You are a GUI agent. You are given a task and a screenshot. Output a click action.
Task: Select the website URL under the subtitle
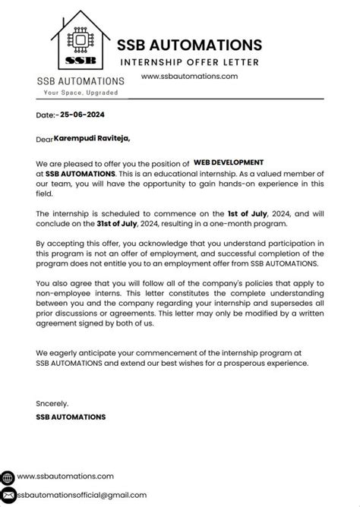point(190,76)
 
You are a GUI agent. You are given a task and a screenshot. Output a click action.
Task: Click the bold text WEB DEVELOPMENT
point(228,162)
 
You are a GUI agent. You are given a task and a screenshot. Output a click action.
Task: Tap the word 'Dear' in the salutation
point(44,139)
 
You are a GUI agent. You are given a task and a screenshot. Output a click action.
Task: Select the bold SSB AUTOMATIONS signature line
point(71,417)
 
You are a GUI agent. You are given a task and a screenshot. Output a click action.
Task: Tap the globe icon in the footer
point(7,477)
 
